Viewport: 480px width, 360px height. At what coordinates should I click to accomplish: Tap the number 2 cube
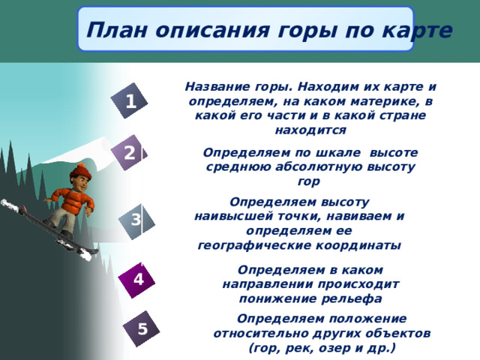click(130, 154)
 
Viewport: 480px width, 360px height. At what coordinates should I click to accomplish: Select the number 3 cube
click(136, 220)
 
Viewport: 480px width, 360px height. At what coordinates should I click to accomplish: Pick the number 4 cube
click(138, 279)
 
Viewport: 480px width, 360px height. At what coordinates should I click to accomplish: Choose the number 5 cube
click(142, 328)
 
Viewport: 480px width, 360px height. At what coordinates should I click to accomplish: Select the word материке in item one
click(376, 101)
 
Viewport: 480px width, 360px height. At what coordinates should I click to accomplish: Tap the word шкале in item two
click(336, 152)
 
